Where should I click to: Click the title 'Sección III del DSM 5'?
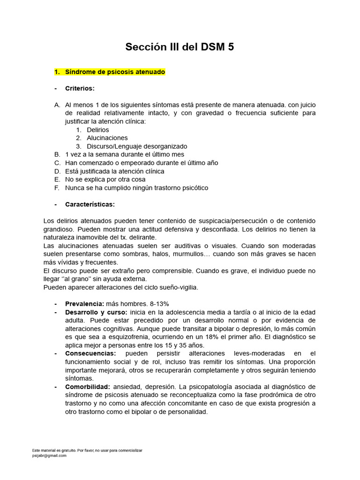(180, 47)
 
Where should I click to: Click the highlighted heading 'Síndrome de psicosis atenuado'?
(115, 72)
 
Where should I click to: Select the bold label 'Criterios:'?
(80, 89)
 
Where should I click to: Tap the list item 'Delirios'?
(97, 129)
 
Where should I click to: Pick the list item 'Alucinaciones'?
(107, 138)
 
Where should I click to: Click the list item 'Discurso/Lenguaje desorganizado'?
(137, 146)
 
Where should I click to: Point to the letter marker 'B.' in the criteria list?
(57, 154)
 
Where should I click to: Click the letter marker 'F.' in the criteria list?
(57, 187)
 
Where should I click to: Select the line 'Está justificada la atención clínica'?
(115, 171)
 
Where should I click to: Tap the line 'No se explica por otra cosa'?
(105, 179)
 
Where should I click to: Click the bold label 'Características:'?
(90, 204)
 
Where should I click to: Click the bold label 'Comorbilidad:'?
(88, 387)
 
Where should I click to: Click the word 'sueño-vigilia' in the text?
(180, 287)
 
